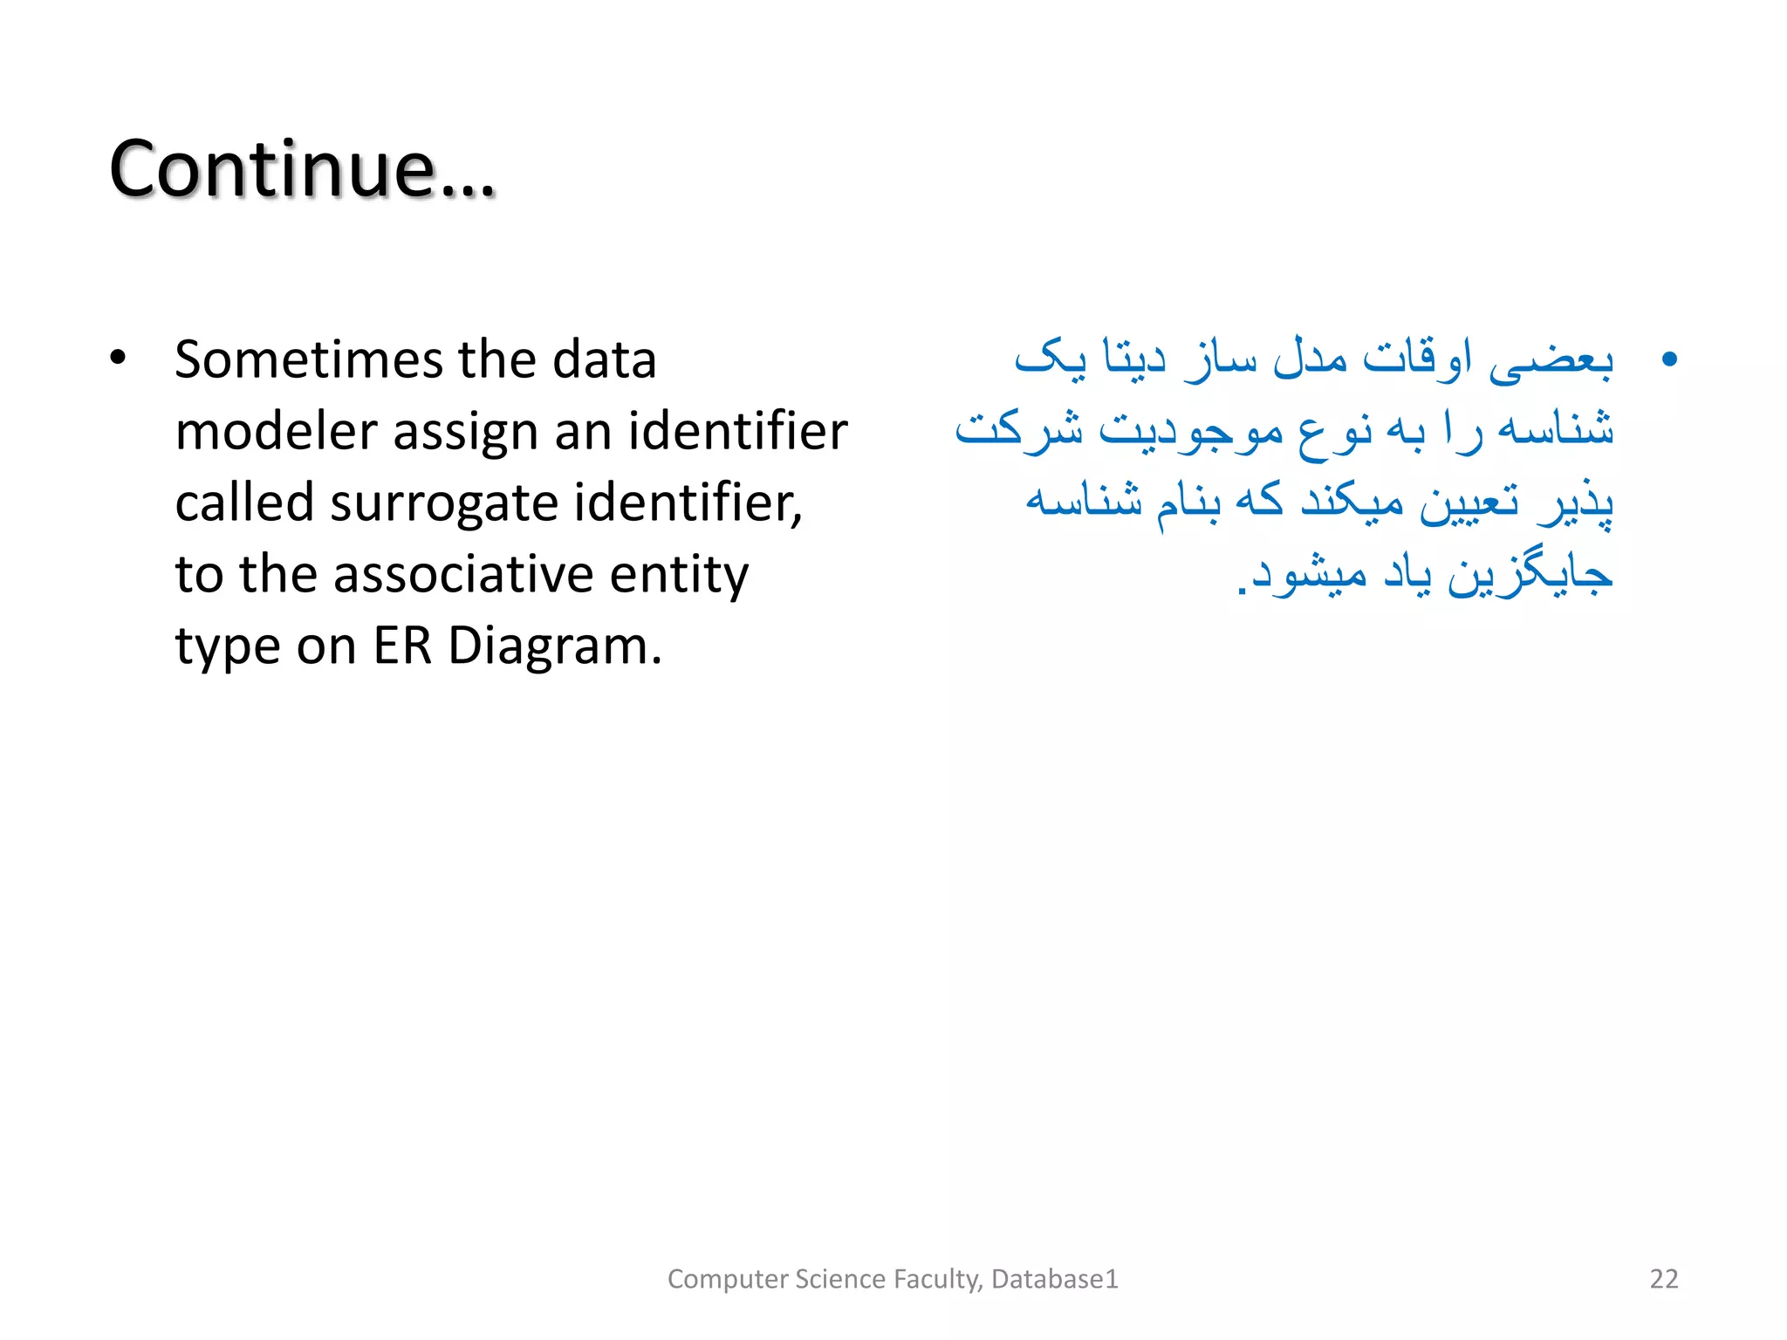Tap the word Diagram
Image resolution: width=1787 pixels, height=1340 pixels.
[x=555, y=646]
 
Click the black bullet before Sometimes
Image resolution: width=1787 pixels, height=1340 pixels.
[x=118, y=359]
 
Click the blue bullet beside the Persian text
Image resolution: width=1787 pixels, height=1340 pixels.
[x=1669, y=359]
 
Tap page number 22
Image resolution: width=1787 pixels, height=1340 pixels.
[x=1663, y=1278]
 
